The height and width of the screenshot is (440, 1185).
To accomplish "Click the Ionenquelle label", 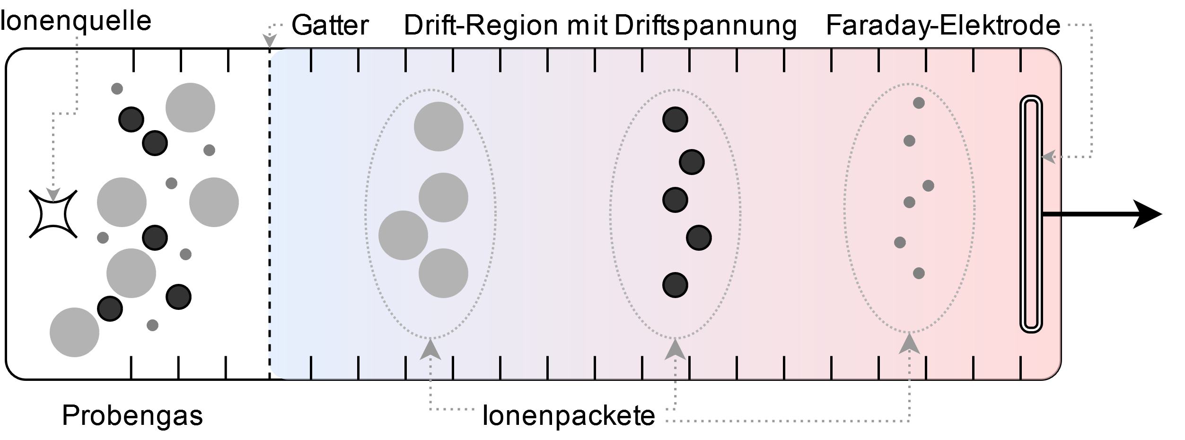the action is (76, 21).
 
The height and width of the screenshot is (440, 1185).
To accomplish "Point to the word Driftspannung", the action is (705, 26).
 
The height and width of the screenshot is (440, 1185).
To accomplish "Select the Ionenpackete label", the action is (569, 416).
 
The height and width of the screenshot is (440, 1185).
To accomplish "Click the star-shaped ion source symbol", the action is (53, 214).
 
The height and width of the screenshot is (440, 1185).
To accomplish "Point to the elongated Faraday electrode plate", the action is (1031, 214).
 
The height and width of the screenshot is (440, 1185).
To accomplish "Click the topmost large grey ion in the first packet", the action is (439, 126).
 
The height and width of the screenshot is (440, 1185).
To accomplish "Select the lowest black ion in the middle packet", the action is (675, 285).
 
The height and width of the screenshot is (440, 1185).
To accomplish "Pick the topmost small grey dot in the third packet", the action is (919, 103).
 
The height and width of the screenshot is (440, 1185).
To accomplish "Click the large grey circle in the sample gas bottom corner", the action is (74, 332).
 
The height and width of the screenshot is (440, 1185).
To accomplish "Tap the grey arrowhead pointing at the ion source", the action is (53, 194).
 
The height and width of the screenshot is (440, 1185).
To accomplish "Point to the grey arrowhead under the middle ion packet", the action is (676, 349).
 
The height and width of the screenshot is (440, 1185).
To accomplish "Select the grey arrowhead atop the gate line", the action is (270, 42).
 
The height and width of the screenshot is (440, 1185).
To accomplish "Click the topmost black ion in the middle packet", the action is (675, 119).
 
